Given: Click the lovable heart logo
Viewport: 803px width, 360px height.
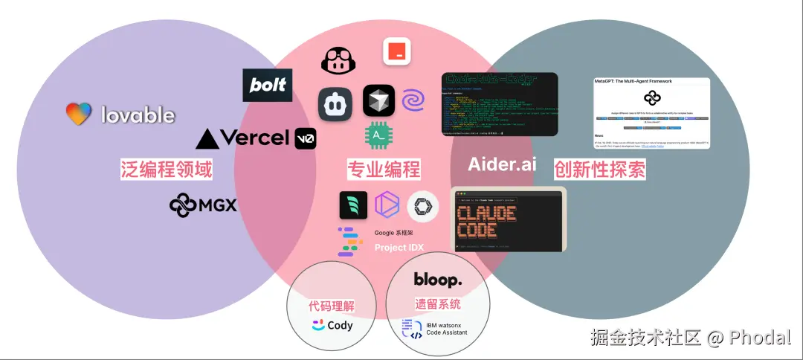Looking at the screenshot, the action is [x=79, y=114].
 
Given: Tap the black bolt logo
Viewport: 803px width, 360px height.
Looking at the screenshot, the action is [x=268, y=85].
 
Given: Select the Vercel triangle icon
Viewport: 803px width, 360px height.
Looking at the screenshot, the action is [x=207, y=138].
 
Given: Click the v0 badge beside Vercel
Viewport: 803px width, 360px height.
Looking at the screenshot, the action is [x=305, y=138].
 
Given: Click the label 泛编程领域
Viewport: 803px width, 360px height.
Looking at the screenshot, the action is [x=167, y=170].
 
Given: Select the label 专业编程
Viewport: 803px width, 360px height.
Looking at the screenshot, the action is [x=384, y=170].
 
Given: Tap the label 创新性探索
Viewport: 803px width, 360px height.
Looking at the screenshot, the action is [x=599, y=170].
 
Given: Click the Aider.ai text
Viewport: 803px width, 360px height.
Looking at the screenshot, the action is [x=502, y=164].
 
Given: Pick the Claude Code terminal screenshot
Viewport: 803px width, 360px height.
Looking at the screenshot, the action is [x=509, y=219].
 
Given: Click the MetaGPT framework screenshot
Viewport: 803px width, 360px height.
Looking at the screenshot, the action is [x=651, y=112].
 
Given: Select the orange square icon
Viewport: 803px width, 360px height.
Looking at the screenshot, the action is [x=397, y=51].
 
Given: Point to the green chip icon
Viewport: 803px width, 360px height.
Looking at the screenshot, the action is [x=379, y=135].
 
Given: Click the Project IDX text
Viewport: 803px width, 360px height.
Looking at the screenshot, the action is [x=399, y=248].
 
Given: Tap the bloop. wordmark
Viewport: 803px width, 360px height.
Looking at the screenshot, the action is [x=438, y=280].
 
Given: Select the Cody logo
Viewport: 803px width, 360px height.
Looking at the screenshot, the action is [x=332, y=325].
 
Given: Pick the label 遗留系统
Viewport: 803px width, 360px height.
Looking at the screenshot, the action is [x=438, y=304].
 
